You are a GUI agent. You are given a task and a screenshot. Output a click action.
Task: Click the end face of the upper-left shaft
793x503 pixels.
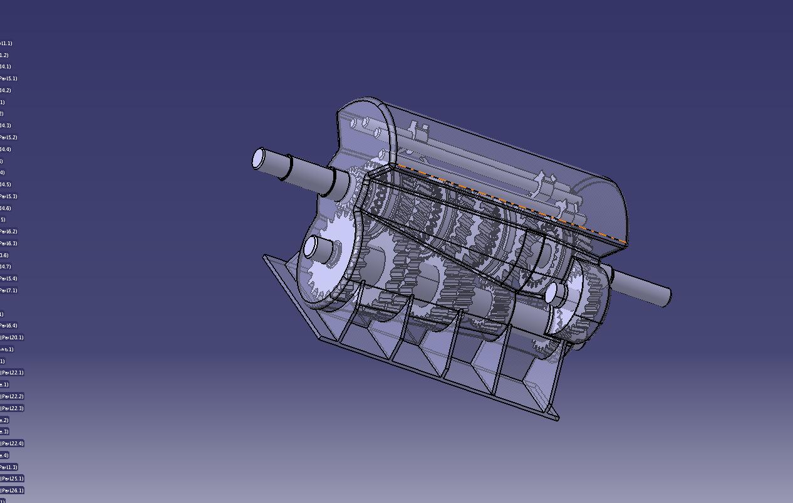coord(258,159)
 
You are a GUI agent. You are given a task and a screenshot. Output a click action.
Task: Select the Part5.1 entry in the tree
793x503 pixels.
coord(9,78)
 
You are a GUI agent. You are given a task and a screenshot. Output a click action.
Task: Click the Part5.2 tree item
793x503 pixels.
coord(9,137)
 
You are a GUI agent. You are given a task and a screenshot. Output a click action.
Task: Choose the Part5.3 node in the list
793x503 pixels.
coord(9,196)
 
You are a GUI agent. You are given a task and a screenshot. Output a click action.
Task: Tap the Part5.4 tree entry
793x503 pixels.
coord(9,278)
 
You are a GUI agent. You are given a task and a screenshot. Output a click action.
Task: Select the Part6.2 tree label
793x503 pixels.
coord(9,231)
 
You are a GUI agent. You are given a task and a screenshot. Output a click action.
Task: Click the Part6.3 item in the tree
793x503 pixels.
coord(9,243)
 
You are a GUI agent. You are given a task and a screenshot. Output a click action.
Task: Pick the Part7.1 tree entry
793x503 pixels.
coord(9,290)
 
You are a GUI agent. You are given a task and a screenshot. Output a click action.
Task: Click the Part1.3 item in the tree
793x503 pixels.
coord(9,467)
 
